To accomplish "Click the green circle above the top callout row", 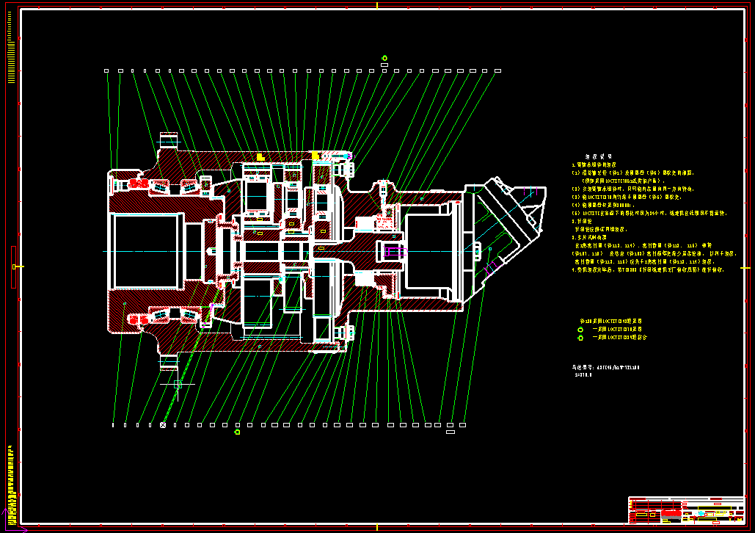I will click(x=384, y=58).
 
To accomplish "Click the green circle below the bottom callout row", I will click(x=237, y=432).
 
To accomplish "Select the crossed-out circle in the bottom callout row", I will click(x=163, y=424).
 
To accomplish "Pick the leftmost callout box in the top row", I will click(x=106, y=71).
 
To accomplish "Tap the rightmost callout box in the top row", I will click(x=497, y=71).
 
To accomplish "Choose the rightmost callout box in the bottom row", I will click(x=462, y=424).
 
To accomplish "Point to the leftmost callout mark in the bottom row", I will click(x=113, y=424).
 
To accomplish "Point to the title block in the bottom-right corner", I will click(x=686, y=510).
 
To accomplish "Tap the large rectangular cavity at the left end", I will click(x=145, y=250).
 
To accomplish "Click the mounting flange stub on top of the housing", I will click(x=169, y=139).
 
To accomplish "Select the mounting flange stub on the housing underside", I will click(x=169, y=361).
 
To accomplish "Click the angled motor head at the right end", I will click(x=514, y=220).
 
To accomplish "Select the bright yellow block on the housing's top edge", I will click(x=316, y=156).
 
